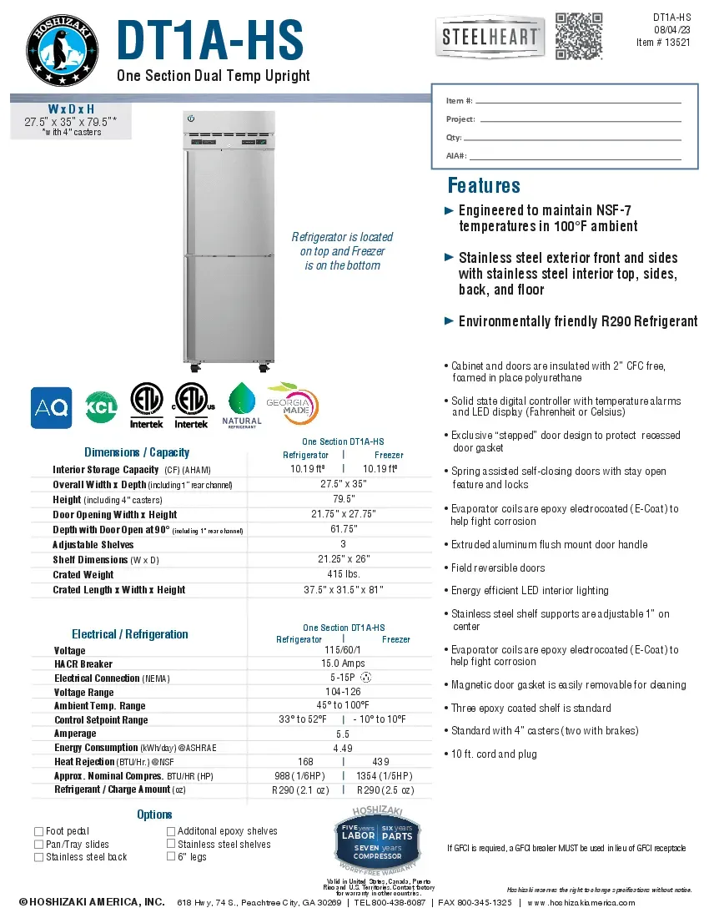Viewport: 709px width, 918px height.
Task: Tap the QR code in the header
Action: tap(579, 36)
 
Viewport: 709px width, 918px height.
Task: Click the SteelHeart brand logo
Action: tap(490, 38)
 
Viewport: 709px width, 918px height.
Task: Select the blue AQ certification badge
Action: tap(51, 408)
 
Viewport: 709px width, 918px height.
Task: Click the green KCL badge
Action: tap(102, 408)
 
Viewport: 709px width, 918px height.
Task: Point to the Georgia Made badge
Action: tap(291, 405)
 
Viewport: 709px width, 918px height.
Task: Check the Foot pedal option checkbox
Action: tap(38, 831)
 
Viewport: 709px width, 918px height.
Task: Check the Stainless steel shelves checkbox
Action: tap(171, 844)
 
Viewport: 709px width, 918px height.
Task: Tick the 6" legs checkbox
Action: tap(171, 856)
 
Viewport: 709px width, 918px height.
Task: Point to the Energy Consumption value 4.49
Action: tap(343, 748)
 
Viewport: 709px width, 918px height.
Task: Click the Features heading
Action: tap(484, 185)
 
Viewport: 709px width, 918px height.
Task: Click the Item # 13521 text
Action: tap(663, 43)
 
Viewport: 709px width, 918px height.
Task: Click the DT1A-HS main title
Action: tap(209, 40)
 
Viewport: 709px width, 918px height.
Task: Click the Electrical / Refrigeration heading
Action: tap(129, 634)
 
